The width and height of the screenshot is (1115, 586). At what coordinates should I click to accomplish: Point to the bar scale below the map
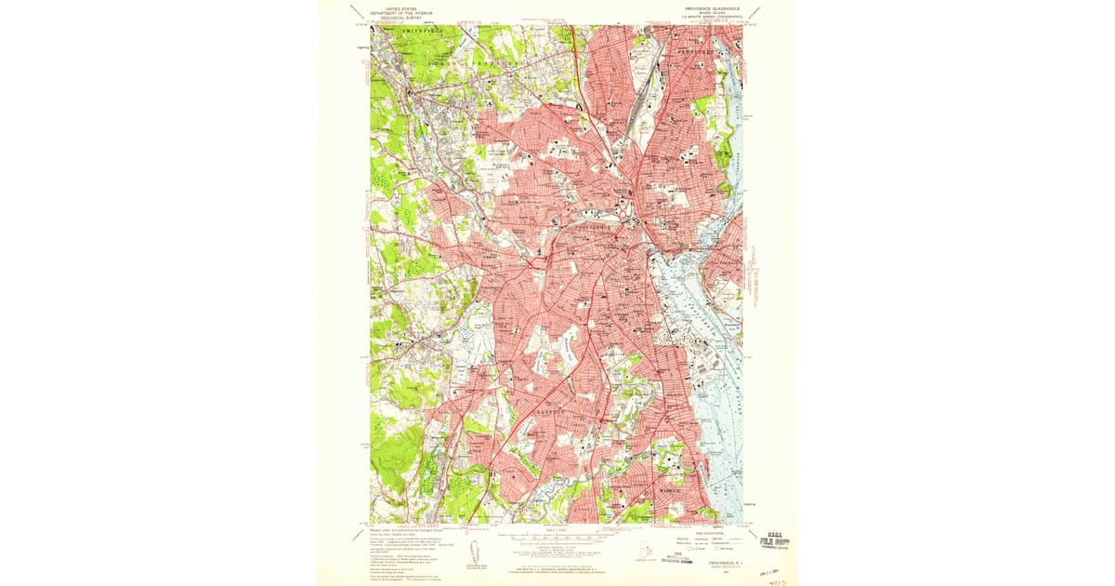(556, 538)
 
